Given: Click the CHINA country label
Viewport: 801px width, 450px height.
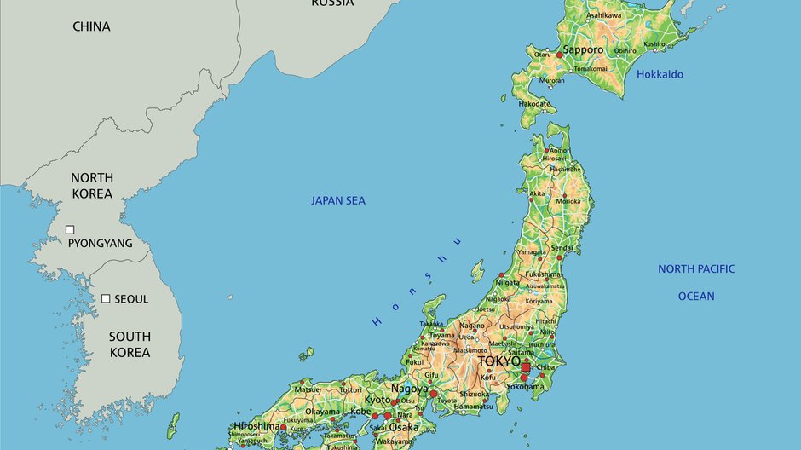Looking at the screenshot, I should (91, 26).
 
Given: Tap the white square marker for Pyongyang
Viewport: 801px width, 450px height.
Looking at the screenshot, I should (71, 229).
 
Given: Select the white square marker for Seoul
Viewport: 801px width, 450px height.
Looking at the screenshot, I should (106, 298).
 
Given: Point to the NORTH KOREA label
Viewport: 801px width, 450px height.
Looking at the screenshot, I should (91, 185).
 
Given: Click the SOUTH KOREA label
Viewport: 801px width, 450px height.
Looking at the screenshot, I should (130, 344).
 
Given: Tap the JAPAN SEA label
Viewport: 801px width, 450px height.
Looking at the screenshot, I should (337, 200).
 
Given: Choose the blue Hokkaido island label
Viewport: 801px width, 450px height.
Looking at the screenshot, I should (660, 74).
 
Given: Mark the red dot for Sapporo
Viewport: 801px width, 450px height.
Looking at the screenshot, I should (560, 55).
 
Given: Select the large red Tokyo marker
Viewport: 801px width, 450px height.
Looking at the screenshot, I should (527, 367).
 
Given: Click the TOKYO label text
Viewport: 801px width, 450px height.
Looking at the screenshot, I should (498, 361).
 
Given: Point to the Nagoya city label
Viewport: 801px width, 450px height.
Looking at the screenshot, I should (409, 389).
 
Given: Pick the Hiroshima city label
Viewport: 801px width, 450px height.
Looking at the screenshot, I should (256, 425).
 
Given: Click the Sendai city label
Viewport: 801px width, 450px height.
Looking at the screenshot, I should (562, 248).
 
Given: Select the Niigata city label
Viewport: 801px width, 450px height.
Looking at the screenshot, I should (507, 282).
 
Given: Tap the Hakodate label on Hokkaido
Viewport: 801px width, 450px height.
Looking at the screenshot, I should (534, 103).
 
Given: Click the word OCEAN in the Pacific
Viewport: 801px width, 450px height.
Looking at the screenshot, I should (695, 296).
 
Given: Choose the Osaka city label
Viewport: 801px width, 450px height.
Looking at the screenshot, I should (404, 427).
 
